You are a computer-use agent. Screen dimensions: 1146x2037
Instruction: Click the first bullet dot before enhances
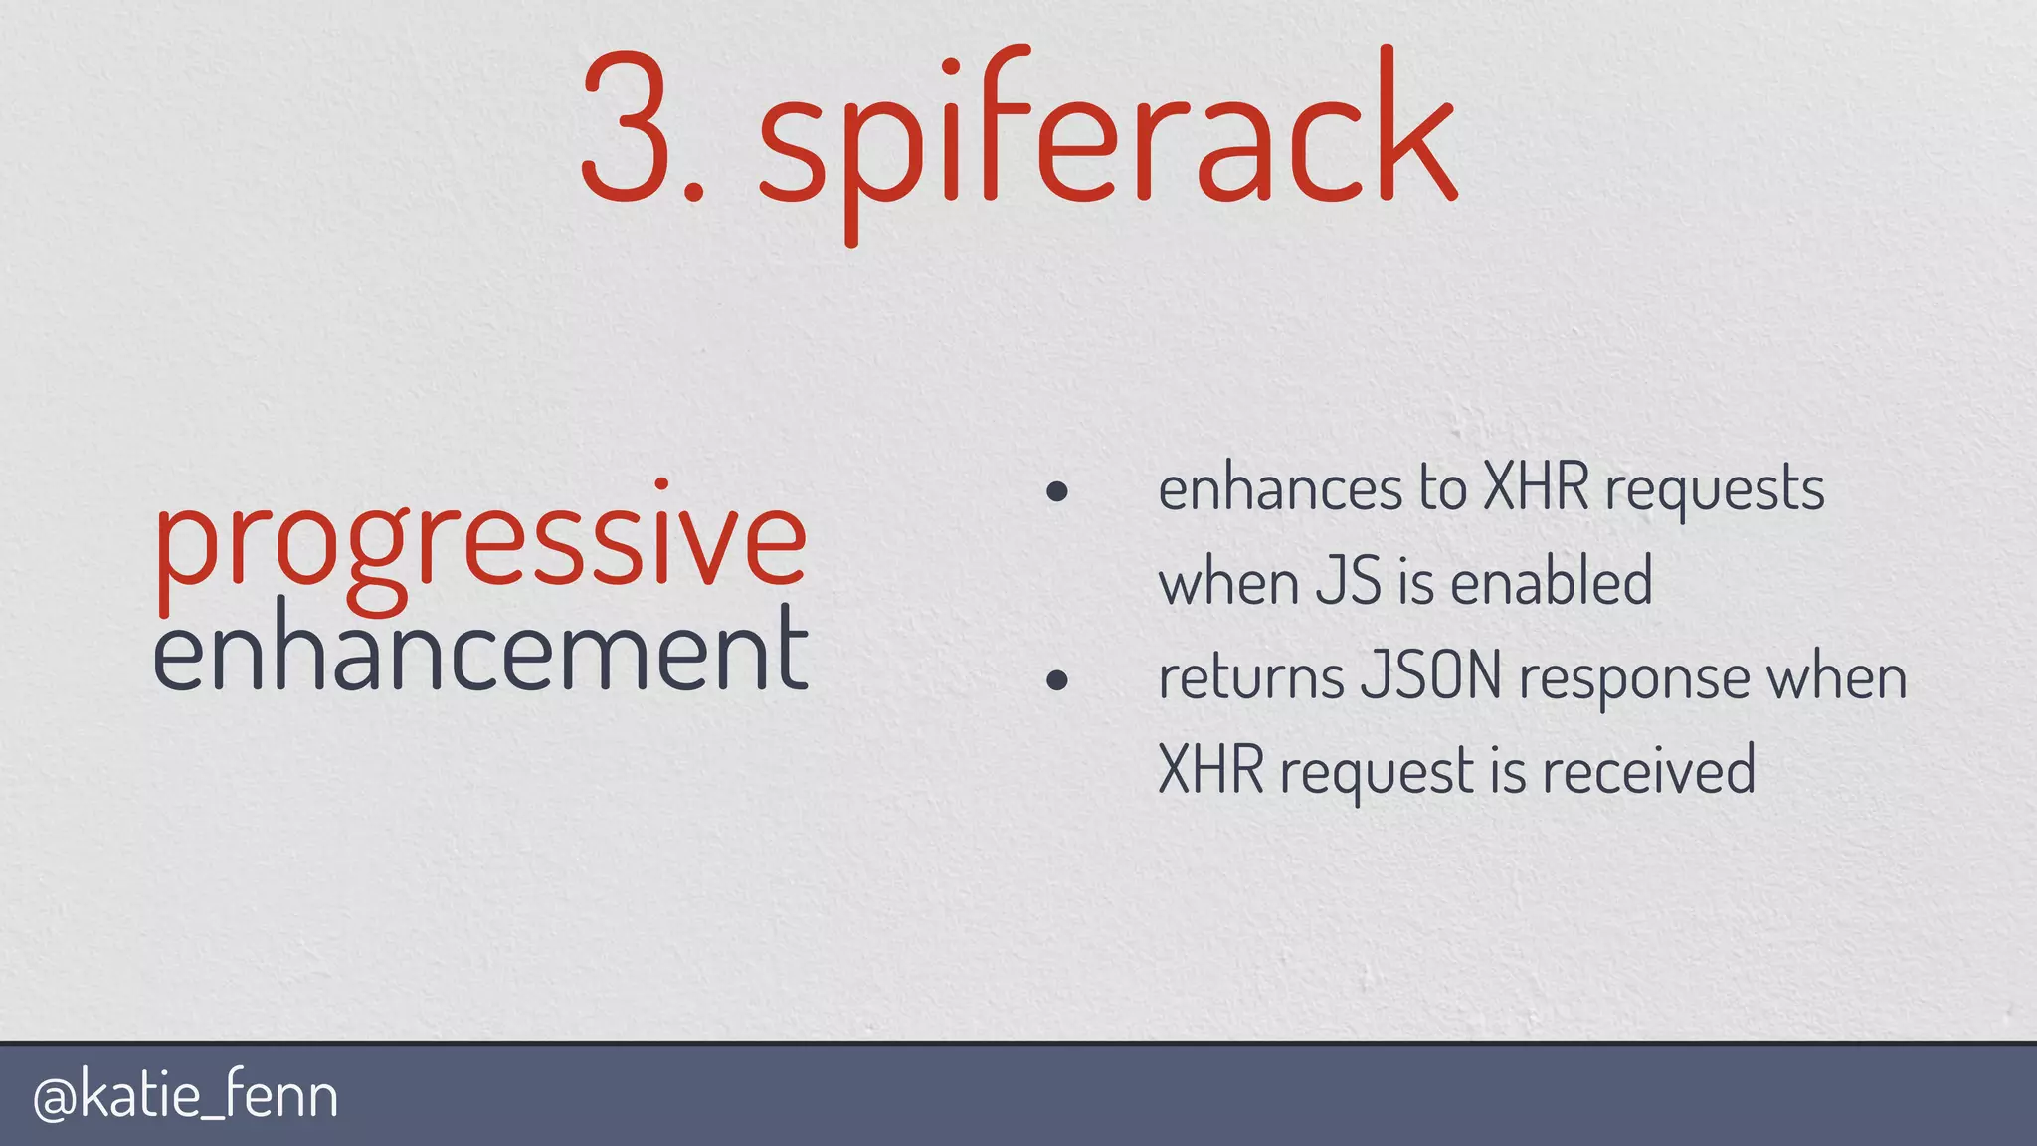pyautogui.click(x=1057, y=491)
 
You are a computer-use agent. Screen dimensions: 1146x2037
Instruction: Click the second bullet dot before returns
pyautogui.click(x=1057, y=680)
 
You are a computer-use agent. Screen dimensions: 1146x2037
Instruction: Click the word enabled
pyautogui.click(x=1552, y=582)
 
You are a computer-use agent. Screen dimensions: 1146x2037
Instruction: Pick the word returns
pyautogui.click(x=1250, y=677)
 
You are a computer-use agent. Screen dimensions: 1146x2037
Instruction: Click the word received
pyautogui.click(x=1649, y=771)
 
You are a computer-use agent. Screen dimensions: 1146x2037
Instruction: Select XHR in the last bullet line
pyautogui.click(x=1210, y=771)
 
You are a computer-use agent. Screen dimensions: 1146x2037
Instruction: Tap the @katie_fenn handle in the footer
pyautogui.click(x=186, y=1096)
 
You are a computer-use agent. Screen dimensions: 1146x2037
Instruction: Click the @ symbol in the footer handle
pyautogui.click(x=55, y=1098)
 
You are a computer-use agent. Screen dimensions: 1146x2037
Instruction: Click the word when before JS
pyautogui.click(x=1229, y=582)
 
